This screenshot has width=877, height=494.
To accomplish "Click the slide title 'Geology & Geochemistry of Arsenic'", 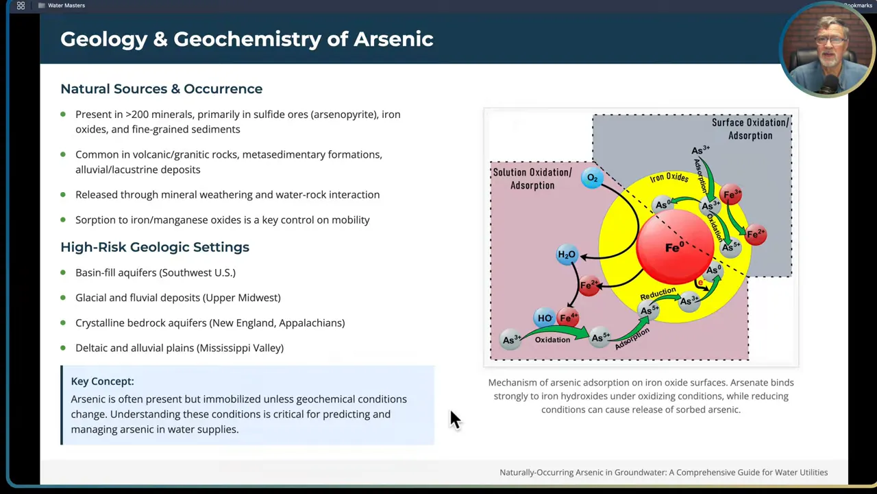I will pyautogui.click(x=247, y=39).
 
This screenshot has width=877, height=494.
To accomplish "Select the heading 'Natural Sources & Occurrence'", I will pyautogui.click(x=161, y=89).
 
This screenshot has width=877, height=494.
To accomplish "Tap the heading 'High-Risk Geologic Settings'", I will pyautogui.click(x=155, y=247).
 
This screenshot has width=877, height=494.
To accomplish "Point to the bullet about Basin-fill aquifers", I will pyautogui.click(x=156, y=272).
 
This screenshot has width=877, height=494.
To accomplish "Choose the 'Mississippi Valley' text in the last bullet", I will pyautogui.click(x=240, y=348).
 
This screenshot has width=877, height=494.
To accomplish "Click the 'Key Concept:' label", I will pyautogui.click(x=102, y=381).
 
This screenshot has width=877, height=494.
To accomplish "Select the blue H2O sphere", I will pyautogui.click(x=567, y=255).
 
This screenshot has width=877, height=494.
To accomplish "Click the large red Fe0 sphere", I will pyautogui.click(x=675, y=247).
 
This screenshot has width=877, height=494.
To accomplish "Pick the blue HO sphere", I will pyautogui.click(x=545, y=318).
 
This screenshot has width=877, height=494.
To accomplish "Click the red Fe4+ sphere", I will pyautogui.click(x=569, y=318).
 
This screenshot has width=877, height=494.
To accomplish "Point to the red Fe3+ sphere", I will pyautogui.click(x=732, y=196).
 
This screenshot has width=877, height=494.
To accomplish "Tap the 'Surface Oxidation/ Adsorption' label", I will pyautogui.click(x=750, y=129).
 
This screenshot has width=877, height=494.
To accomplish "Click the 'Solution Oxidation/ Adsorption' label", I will pyautogui.click(x=532, y=178).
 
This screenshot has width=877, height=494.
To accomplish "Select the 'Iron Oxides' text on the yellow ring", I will pyautogui.click(x=669, y=178).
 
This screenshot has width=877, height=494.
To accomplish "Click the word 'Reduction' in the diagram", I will pyautogui.click(x=658, y=294).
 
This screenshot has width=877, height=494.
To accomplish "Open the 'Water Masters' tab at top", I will pyautogui.click(x=66, y=5).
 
